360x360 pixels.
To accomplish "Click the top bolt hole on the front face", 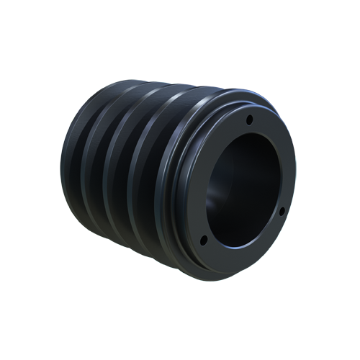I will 249,120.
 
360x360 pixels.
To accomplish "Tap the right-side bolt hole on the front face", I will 282,211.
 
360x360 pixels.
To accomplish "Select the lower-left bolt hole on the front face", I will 203,239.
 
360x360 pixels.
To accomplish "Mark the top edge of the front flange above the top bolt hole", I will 245,103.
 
